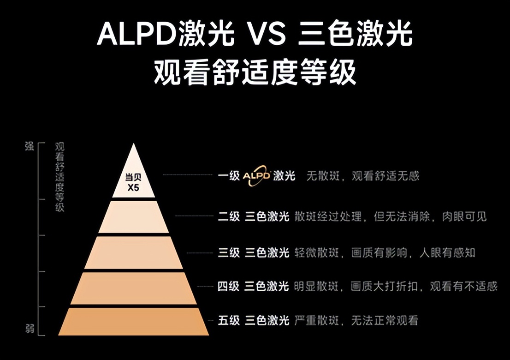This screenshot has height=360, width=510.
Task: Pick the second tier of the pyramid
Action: [x=134, y=216]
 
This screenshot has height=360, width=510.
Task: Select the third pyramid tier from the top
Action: [x=134, y=252]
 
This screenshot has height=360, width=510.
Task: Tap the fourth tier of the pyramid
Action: [x=134, y=288]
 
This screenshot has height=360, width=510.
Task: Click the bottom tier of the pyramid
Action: [x=134, y=322]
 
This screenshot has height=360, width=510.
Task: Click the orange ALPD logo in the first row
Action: [x=257, y=176]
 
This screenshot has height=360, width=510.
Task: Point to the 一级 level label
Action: [x=229, y=176]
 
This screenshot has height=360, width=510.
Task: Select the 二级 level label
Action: [x=229, y=216]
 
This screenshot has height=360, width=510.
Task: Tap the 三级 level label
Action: [x=229, y=252]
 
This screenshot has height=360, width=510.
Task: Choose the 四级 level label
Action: [x=229, y=287]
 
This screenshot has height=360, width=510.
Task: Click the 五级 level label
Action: [x=229, y=320]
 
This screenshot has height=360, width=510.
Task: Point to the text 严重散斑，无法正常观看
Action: [x=356, y=320]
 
